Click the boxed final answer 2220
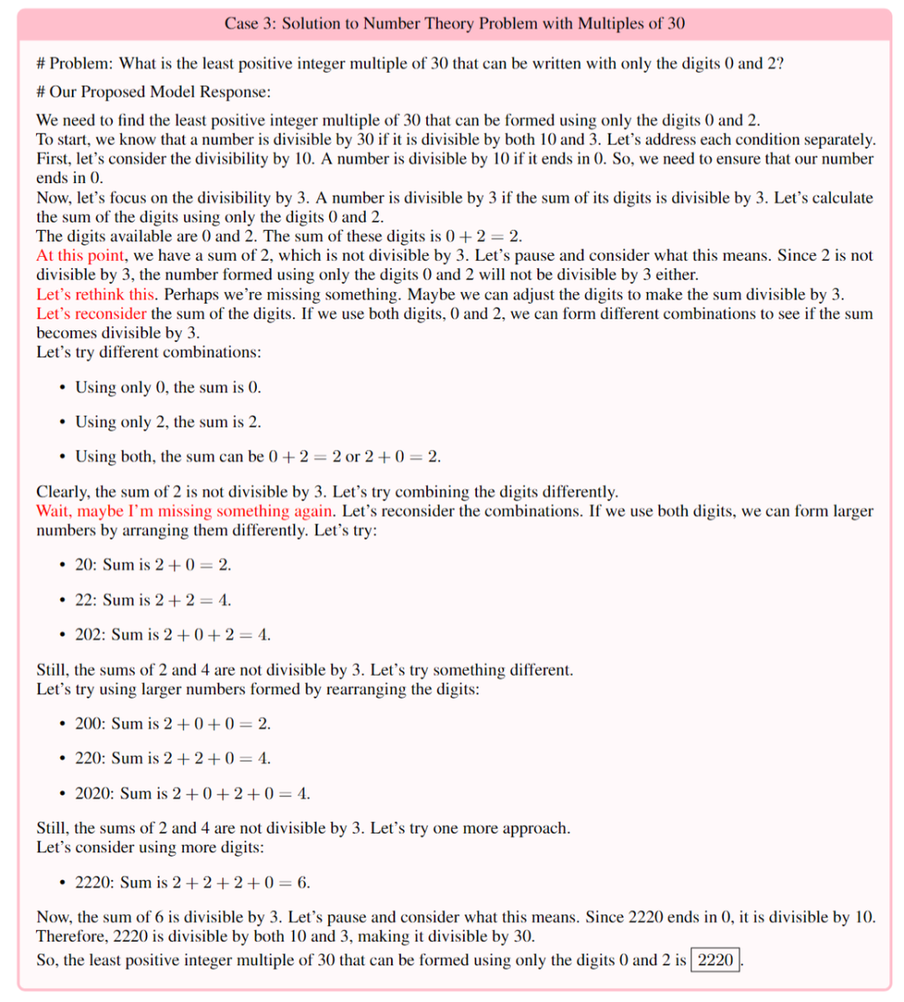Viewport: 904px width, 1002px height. [x=715, y=959]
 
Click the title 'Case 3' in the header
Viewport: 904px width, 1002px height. [x=249, y=23]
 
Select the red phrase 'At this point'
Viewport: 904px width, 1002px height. [x=80, y=255]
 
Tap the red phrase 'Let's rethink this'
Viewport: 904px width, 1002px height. [x=95, y=294]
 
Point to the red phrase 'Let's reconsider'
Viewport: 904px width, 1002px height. [x=91, y=314]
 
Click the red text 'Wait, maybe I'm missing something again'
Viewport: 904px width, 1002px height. [x=185, y=511]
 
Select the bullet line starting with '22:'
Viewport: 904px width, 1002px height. [x=153, y=600]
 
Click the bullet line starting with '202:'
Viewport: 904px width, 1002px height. [x=172, y=635]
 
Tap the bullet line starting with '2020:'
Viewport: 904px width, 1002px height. [x=193, y=793]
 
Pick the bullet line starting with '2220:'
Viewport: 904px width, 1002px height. [x=193, y=882]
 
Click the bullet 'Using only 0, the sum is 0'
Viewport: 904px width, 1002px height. [x=167, y=387]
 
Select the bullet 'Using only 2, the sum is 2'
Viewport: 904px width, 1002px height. [x=167, y=422]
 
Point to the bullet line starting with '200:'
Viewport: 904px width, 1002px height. [x=172, y=723]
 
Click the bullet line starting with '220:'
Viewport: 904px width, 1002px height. [x=172, y=759]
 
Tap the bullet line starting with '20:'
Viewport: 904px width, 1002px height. [x=153, y=565]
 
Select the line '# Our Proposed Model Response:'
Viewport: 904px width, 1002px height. [x=153, y=91]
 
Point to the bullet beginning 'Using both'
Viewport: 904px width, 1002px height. [x=258, y=457]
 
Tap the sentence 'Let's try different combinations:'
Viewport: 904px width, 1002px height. [x=148, y=352]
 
